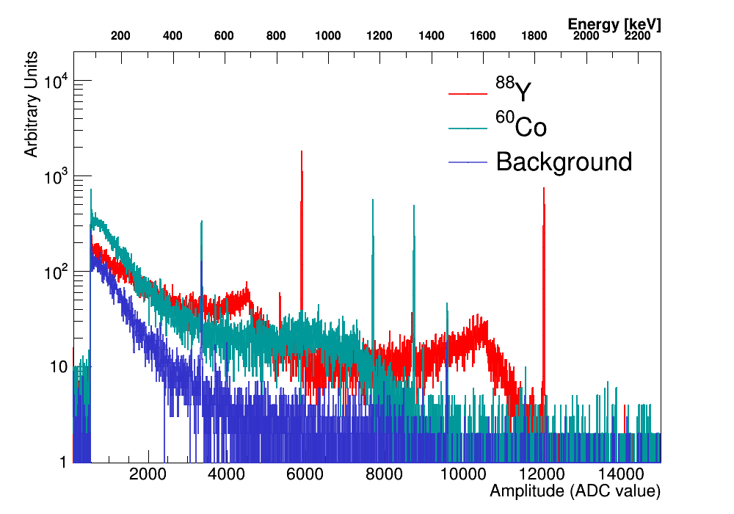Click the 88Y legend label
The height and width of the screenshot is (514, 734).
513,91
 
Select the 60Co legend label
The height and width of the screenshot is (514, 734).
520,126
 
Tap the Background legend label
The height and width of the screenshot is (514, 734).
564,162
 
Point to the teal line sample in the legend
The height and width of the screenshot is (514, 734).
468,128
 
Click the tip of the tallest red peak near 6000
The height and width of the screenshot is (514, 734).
302,152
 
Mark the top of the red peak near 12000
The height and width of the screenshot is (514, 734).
544,188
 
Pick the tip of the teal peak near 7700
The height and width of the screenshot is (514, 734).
373,199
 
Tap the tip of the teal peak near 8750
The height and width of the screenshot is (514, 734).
414,206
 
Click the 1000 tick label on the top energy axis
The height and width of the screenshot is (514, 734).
327,36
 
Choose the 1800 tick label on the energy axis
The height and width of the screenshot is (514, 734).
534,36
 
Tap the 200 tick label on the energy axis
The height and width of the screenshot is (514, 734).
120,36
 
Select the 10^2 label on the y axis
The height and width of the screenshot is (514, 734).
56,271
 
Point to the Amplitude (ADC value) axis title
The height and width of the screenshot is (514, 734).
575,491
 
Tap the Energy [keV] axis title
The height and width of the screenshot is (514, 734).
614,24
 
